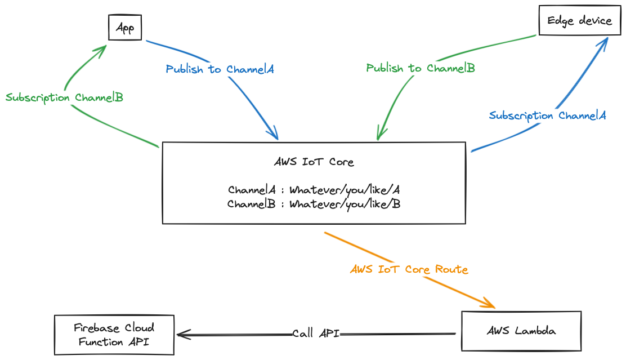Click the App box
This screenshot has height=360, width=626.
(124, 28)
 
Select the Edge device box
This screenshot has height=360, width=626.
(579, 21)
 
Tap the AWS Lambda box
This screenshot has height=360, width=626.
(521, 331)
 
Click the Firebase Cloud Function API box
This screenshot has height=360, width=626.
(114, 335)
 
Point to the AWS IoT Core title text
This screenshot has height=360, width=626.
(314, 162)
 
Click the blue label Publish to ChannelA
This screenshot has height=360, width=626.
(220, 69)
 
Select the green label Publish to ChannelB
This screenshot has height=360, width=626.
(421, 68)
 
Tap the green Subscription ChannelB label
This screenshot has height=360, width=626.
(64, 97)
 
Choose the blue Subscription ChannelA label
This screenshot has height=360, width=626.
(547, 115)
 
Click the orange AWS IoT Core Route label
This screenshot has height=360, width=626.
(409, 269)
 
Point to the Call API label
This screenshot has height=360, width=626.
(316, 334)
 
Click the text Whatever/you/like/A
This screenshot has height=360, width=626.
(345, 189)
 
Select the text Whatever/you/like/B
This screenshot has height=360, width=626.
(345, 204)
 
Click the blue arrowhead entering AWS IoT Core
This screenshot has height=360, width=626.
(275, 135)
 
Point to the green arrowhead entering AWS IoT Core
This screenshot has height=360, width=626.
(379, 136)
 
